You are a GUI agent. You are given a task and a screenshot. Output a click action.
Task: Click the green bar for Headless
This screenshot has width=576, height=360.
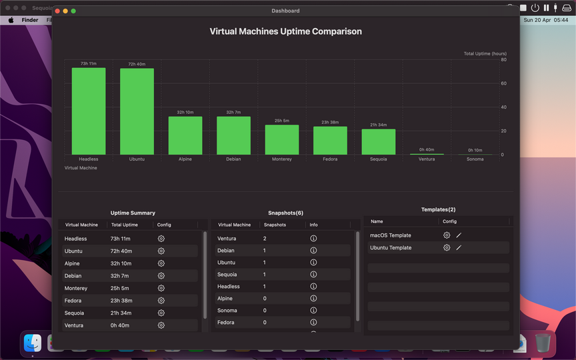[89, 111]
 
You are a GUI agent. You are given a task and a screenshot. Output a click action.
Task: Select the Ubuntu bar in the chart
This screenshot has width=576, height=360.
[137, 112]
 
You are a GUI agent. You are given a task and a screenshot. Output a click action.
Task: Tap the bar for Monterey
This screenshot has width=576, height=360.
[281, 140]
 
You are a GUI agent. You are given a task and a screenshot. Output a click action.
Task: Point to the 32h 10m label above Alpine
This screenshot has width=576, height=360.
[185, 113]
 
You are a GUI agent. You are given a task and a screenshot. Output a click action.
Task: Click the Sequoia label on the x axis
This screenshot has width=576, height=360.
[378, 159]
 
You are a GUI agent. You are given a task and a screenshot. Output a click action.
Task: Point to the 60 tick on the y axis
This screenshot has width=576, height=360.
[503, 83]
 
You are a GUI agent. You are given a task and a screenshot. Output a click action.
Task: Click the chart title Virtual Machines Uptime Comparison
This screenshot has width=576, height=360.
[285, 31]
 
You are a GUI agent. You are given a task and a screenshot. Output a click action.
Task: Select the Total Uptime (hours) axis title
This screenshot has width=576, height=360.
[485, 53]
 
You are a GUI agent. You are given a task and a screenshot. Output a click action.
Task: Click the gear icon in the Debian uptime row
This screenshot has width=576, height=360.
[161, 275]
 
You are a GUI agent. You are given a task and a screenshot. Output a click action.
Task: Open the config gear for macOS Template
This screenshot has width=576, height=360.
[447, 235]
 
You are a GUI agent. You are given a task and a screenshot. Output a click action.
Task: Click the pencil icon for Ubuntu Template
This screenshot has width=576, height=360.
[459, 247]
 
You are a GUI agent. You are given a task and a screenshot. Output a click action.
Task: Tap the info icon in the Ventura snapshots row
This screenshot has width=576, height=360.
[313, 239]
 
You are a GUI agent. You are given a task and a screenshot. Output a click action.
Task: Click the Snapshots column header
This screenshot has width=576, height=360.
[275, 225]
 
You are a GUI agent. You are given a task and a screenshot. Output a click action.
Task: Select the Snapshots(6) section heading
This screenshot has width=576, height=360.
[285, 213]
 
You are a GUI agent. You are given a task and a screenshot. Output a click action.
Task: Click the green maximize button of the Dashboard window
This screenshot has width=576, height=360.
[73, 11]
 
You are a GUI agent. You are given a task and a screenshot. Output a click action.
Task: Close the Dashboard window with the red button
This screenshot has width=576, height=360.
[57, 11]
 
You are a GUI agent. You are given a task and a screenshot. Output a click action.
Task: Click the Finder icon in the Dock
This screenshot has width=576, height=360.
[33, 343]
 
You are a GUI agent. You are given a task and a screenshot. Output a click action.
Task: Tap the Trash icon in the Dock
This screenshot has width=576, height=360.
[543, 343]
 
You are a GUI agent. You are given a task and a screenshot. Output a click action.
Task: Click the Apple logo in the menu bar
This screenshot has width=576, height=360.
[11, 20]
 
